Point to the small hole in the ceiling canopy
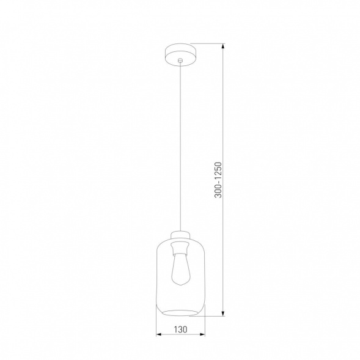tap(180, 61)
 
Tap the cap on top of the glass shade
tap(180, 235)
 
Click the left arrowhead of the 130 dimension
tap(158, 335)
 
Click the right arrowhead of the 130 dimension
tap(202, 335)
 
